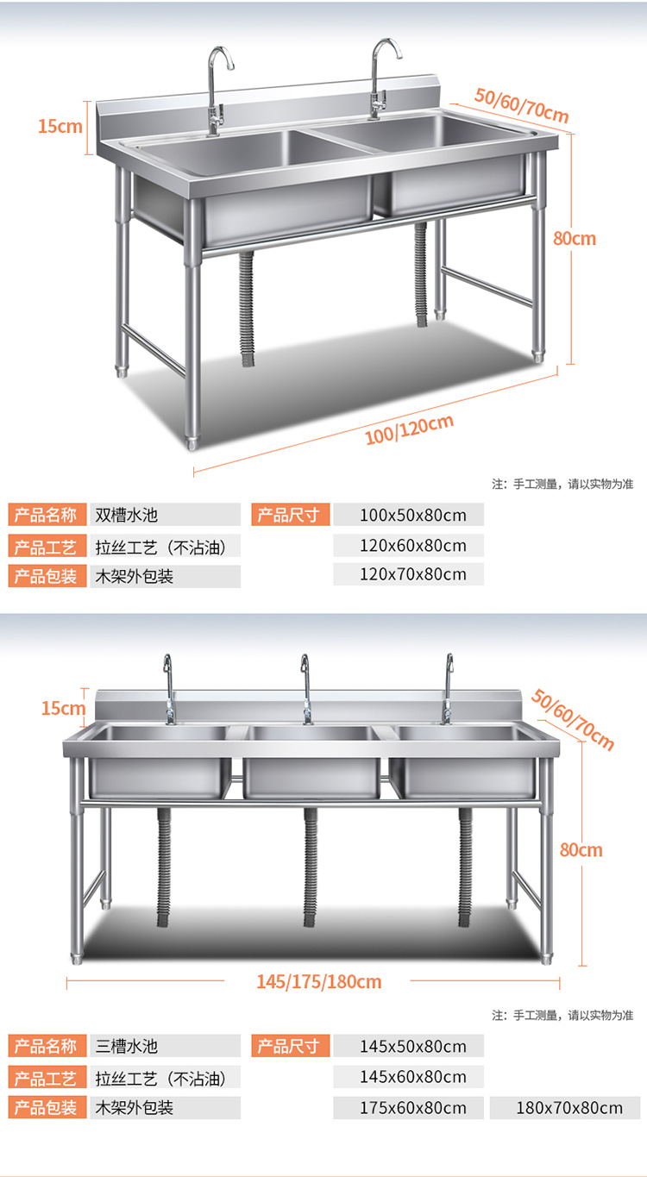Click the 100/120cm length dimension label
[x=409, y=429]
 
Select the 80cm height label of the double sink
[x=575, y=238]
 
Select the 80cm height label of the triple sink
[x=581, y=849]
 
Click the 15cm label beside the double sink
[x=60, y=126]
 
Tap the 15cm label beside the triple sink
[x=63, y=708]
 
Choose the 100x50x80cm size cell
[x=408, y=516]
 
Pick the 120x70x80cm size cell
[x=408, y=574]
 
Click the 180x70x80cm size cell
[x=564, y=1108]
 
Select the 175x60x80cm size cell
[x=408, y=1108]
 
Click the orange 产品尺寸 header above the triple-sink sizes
[x=289, y=1047]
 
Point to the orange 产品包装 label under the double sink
[x=44, y=576]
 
